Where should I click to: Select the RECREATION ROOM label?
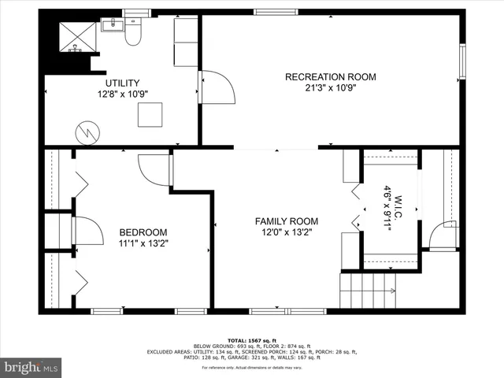pyautogui.click(x=330, y=76)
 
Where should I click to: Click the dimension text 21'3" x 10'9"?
pyautogui.click(x=330, y=88)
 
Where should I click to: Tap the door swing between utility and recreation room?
pyautogui.click(x=217, y=87)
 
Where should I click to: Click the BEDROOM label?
pyautogui.click(x=143, y=232)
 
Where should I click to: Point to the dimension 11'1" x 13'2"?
pyautogui.click(x=143, y=244)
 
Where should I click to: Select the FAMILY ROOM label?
pyautogui.click(x=286, y=221)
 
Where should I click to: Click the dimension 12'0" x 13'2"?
pyautogui.click(x=286, y=233)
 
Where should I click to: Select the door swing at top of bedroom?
pyautogui.click(x=155, y=169)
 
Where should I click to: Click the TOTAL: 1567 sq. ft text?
pyautogui.click(x=252, y=339)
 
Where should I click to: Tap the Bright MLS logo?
pyautogui.click(x=31, y=367)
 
